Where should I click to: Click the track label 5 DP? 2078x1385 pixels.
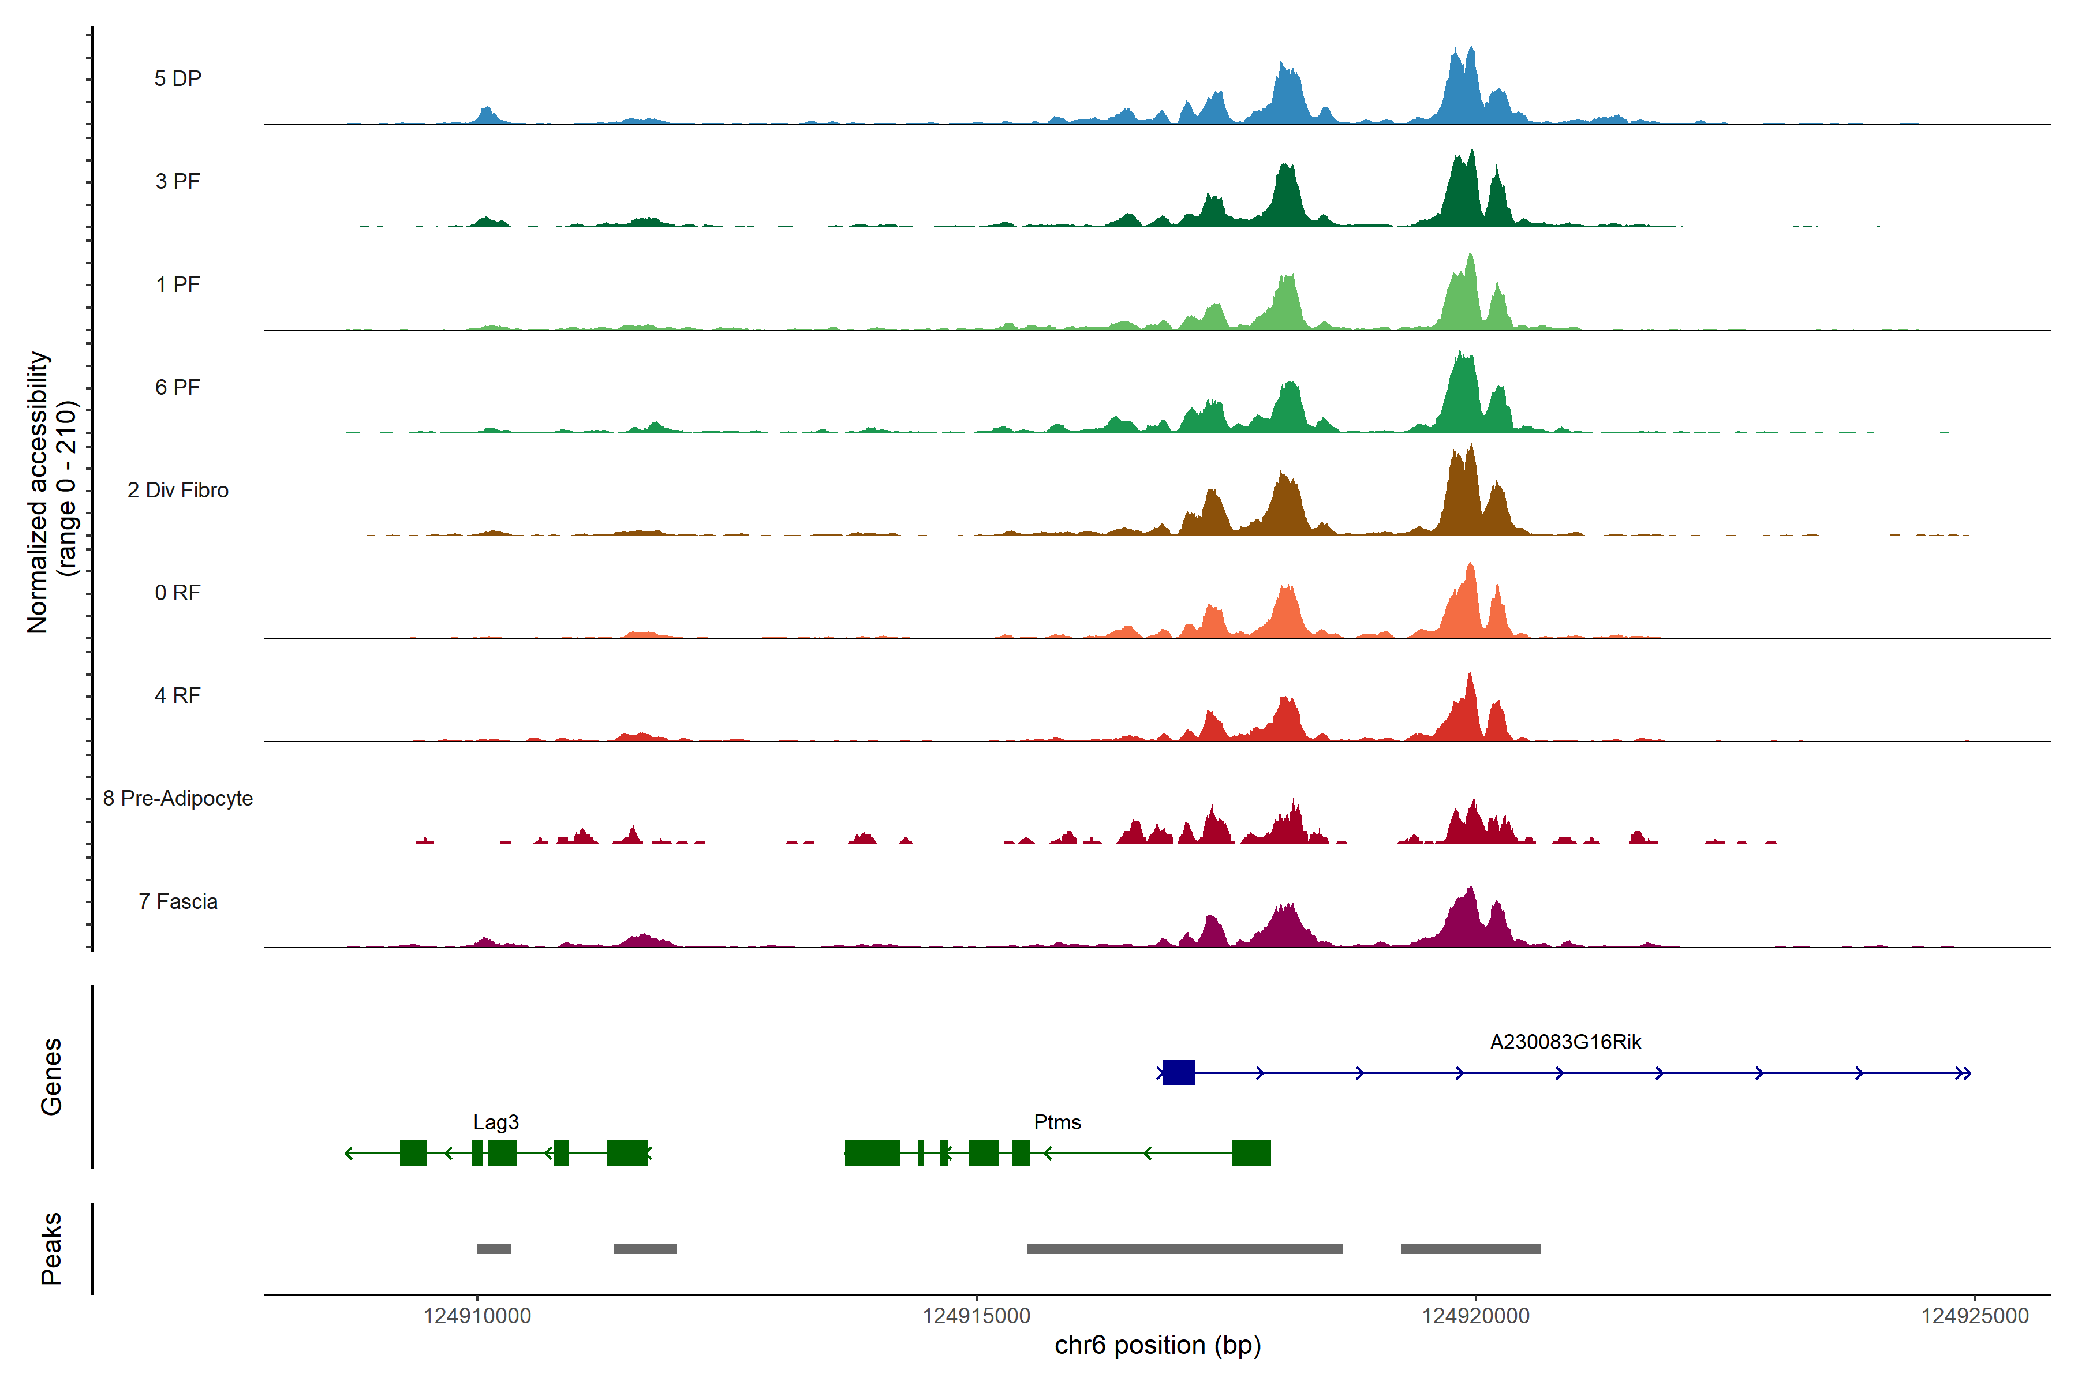(178, 78)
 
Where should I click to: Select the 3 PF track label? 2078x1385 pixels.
(178, 181)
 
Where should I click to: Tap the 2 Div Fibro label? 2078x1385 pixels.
(178, 490)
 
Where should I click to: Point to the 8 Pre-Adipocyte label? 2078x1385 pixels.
(178, 799)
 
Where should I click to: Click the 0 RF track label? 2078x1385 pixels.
(178, 593)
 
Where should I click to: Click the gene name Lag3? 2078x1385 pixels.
(496, 1122)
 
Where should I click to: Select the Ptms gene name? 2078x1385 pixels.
(1057, 1122)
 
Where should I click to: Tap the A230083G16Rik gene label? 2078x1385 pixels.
(1565, 1042)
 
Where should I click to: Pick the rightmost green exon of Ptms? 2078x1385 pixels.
(1251, 1152)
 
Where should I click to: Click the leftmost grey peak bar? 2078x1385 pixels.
(494, 1249)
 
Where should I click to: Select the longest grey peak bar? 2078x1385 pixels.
(1184, 1249)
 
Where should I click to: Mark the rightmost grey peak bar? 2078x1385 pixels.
(1470, 1249)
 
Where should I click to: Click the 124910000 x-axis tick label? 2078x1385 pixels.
(477, 1316)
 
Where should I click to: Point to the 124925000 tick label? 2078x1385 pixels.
(1975, 1316)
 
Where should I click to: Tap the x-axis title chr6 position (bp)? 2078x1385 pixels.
(1157, 1345)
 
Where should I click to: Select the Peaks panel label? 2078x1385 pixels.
(51, 1248)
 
